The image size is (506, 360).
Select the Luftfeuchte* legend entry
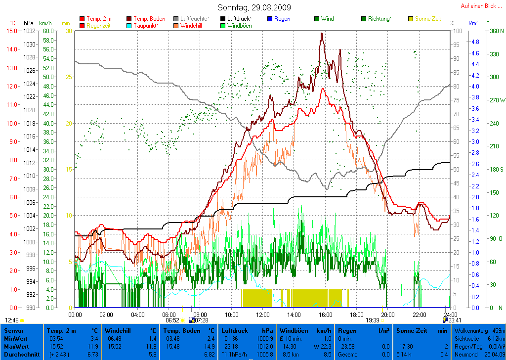pos(195,19)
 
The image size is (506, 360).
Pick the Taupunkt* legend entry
pos(146,25)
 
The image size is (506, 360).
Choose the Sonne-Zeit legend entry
pos(427,19)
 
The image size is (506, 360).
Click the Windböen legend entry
pos(239,25)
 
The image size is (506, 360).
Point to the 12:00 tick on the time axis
pos(262,315)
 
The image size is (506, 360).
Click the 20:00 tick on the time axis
pos(387,315)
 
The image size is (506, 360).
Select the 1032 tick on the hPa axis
pos(29,31)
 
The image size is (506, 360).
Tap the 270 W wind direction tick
pos(495,100)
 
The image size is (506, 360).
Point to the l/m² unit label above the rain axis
pos(472,23)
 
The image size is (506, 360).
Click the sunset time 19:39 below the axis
pos(372,320)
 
